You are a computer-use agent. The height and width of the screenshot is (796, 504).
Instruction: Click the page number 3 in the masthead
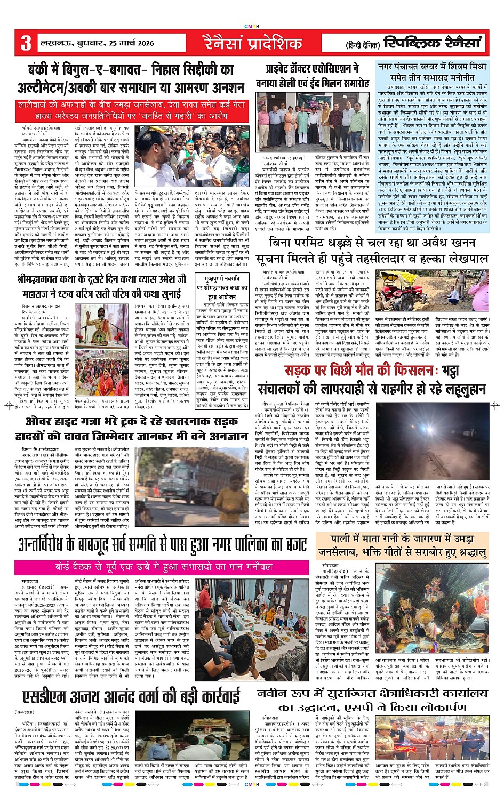tap(26, 43)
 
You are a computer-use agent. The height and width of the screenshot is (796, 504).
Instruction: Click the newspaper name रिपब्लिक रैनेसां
tap(433, 43)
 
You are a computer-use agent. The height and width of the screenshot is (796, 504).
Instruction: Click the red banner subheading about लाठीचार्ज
tap(131, 110)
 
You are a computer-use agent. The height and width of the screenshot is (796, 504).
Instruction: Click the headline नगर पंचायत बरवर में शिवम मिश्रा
tap(432, 72)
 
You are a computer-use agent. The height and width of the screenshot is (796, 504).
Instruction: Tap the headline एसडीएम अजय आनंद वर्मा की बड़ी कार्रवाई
tap(131, 696)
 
